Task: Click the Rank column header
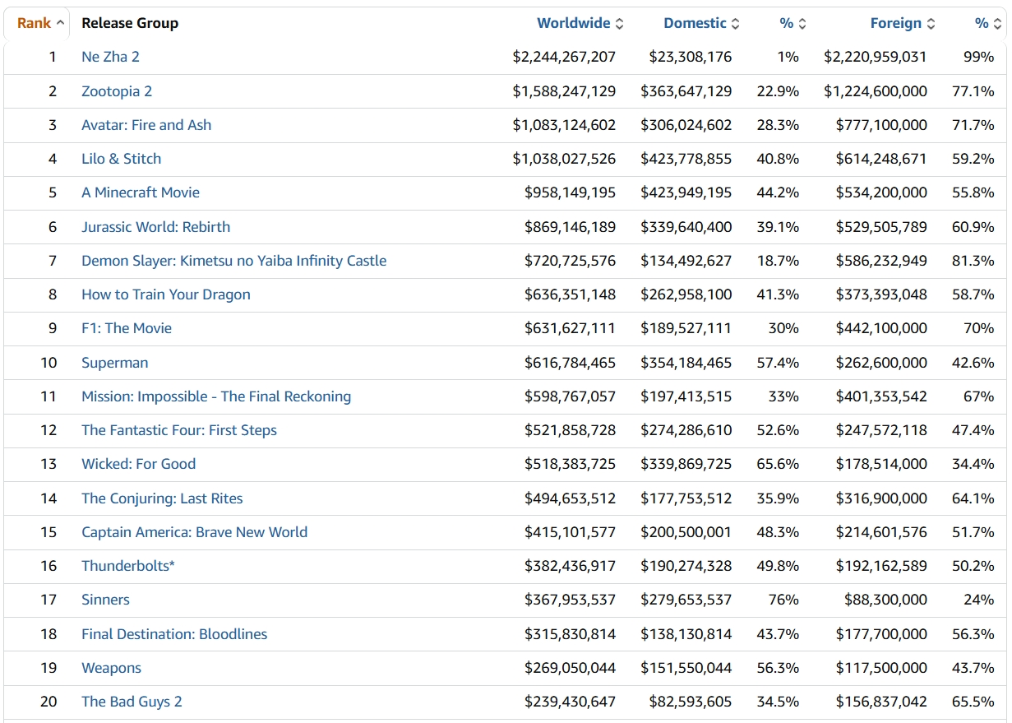tap(35, 23)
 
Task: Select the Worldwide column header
tap(574, 23)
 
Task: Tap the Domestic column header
tap(695, 23)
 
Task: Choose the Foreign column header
tap(895, 23)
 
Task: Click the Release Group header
tap(130, 23)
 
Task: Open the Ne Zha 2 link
tap(110, 57)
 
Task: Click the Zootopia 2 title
tap(117, 91)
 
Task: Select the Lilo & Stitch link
tap(121, 159)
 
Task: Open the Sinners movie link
tap(105, 600)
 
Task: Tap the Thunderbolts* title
tap(127, 566)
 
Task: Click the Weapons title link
tap(111, 668)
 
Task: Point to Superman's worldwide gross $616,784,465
tap(570, 363)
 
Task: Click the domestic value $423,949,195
tap(686, 192)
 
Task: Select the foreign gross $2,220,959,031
tap(875, 57)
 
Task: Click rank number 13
tap(49, 464)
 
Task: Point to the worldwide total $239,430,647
tap(570, 702)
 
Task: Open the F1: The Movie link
tap(127, 328)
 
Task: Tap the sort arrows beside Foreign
tap(931, 24)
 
